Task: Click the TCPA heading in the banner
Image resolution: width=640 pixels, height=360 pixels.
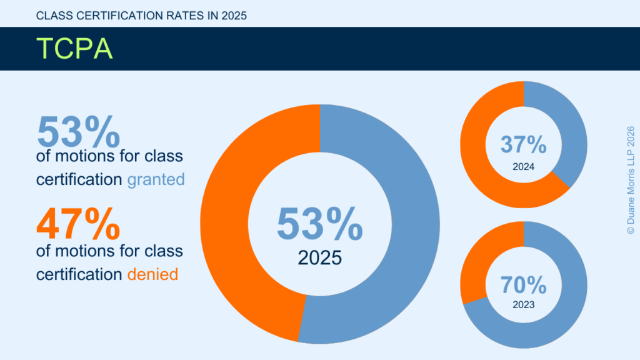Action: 74,48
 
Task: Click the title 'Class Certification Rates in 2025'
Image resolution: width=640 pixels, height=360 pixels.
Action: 142,16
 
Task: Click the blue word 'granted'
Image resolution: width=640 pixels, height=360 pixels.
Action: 156,180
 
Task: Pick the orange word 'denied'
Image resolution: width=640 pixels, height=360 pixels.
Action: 153,274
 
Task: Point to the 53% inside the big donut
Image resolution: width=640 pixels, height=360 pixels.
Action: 319,224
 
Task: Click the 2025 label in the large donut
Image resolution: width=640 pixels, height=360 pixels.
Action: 319,257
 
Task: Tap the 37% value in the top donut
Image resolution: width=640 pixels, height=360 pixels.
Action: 524,145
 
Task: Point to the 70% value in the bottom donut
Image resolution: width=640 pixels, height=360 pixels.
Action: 524,286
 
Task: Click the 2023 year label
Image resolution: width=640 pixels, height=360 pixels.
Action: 524,306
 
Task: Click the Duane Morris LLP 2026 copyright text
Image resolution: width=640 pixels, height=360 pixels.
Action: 630,180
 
